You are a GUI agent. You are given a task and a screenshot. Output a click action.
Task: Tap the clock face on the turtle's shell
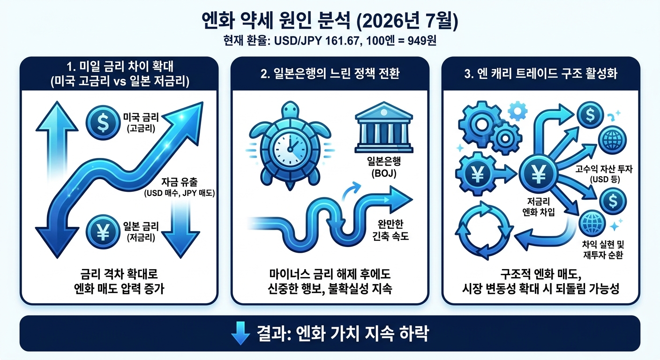[x=290, y=149]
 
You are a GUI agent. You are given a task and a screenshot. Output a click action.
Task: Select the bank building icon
[x=384, y=127]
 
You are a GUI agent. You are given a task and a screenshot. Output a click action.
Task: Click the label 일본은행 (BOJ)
[x=384, y=167]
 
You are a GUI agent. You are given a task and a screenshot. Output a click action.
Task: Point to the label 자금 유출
[x=180, y=182]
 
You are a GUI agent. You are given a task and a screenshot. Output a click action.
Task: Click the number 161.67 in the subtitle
[x=344, y=41]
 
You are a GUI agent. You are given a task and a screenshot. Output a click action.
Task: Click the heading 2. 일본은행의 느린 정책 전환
[x=330, y=73]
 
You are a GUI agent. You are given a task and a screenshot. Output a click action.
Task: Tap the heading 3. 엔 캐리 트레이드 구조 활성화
[x=540, y=73]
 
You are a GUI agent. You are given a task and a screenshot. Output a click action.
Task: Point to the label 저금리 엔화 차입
[x=538, y=207]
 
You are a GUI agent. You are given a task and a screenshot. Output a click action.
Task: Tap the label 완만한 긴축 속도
[x=390, y=230]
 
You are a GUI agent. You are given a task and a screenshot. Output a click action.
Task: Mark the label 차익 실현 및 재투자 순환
[x=603, y=249]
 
